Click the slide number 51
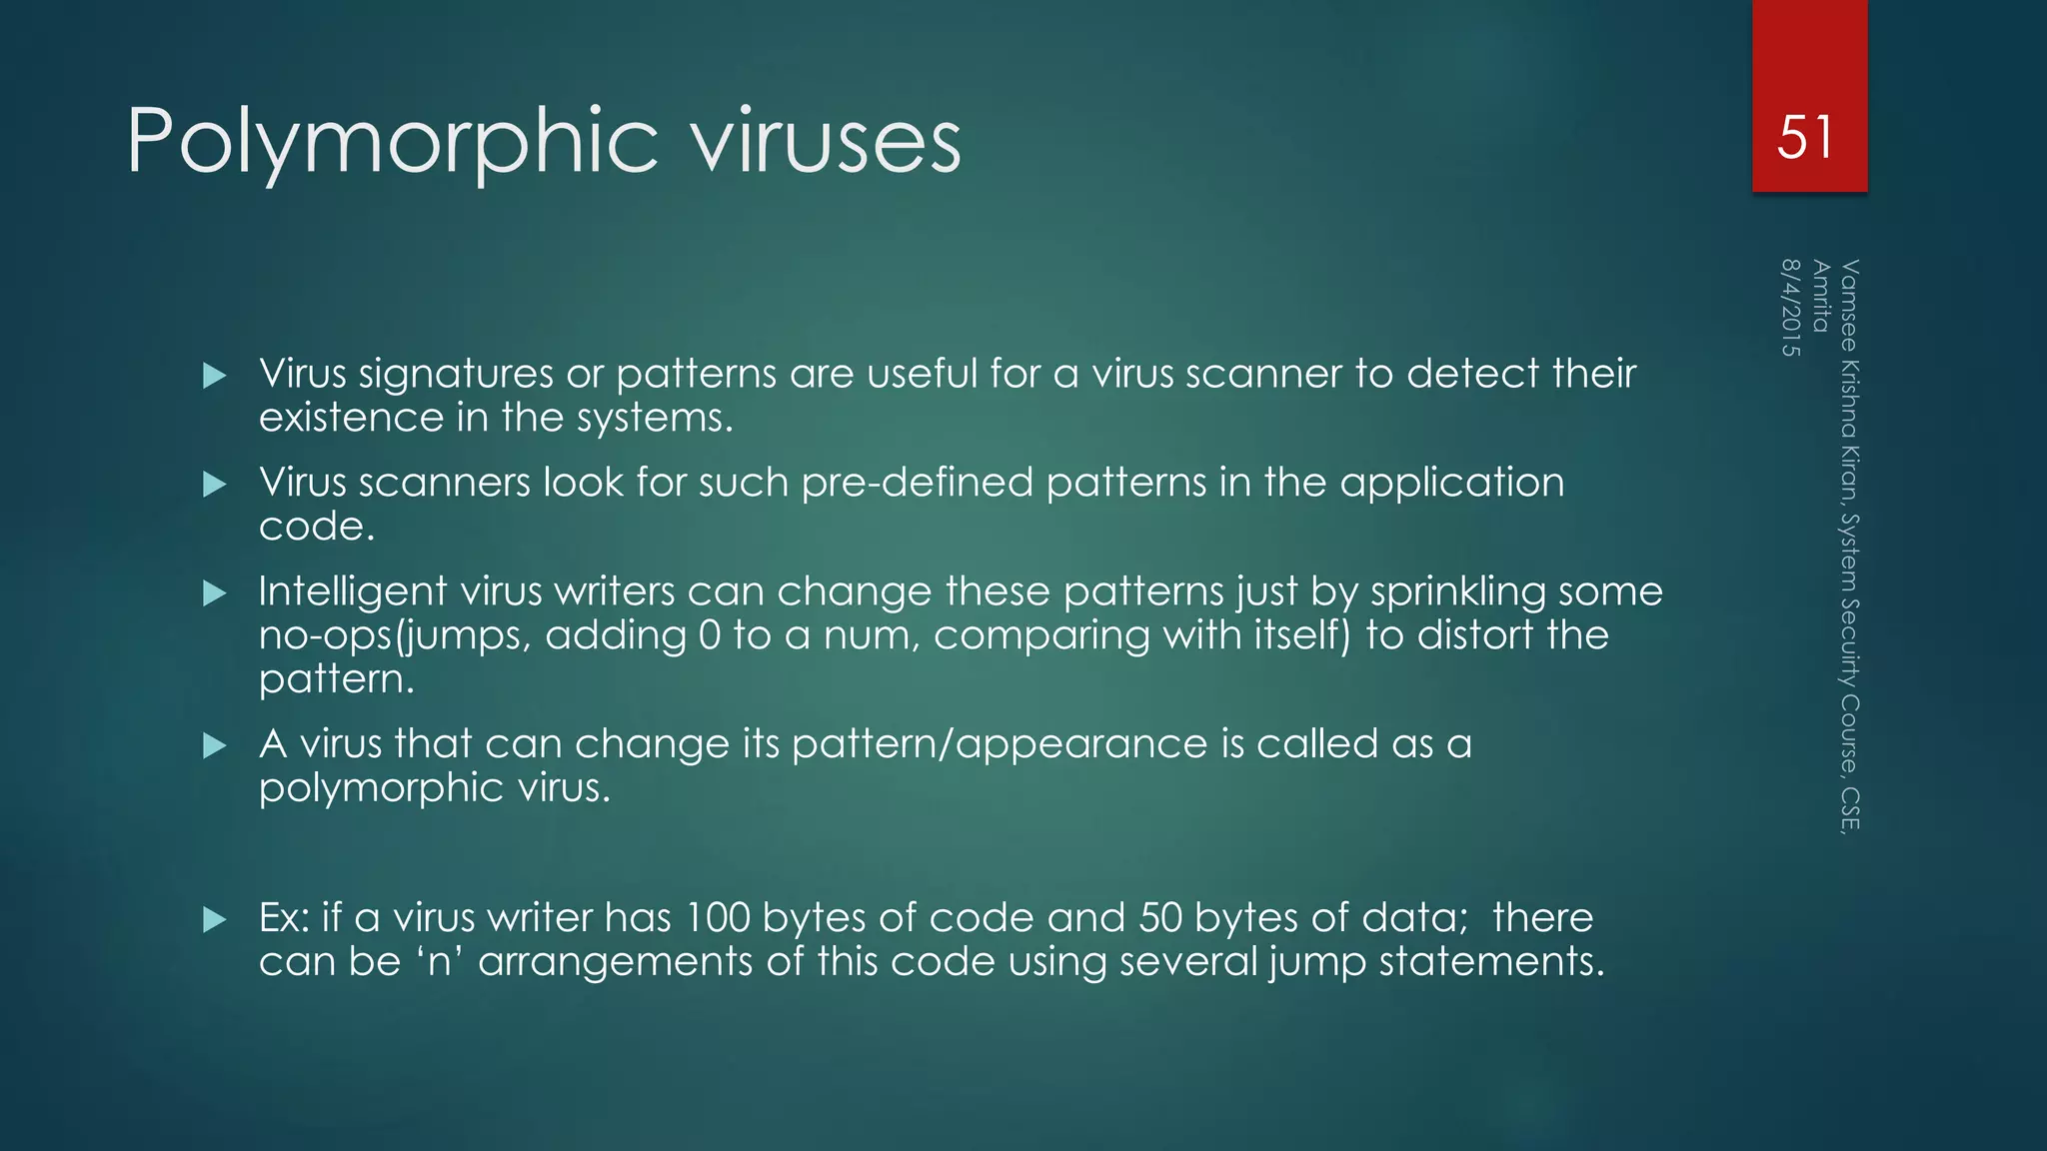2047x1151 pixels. click(x=1805, y=137)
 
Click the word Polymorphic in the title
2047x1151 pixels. click(x=392, y=142)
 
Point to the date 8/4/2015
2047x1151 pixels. click(x=1790, y=308)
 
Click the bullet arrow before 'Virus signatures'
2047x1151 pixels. click(x=215, y=376)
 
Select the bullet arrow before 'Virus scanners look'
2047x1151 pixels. click(x=215, y=485)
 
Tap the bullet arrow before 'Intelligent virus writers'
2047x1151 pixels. click(x=215, y=593)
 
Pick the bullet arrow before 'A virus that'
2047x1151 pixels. click(x=215, y=745)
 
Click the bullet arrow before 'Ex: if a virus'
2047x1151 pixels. click(x=215, y=919)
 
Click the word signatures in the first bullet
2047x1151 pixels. click(x=455, y=374)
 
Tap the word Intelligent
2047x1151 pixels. click(x=352, y=591)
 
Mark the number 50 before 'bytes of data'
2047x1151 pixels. click(x=1159, y=917)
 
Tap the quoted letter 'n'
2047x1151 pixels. click(x=437, y=961)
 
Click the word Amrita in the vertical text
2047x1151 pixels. click(x=1821, y=296)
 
